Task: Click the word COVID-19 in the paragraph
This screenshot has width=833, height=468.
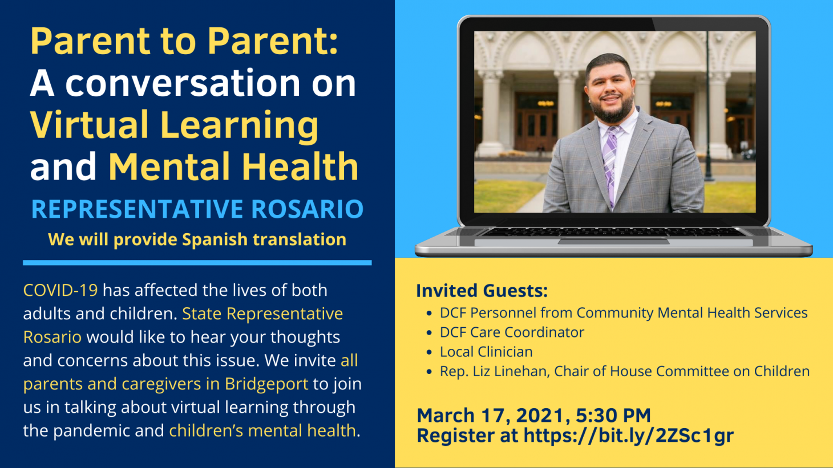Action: (x=60, y=290)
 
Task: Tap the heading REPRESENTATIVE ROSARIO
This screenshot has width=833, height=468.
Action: (x=197, y=209)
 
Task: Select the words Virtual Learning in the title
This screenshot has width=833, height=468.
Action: (x=174, y=125)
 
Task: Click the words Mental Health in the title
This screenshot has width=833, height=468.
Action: (x=233, y=166)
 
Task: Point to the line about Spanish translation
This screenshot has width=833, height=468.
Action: (x=197, y=239)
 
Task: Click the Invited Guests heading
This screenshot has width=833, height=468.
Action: (x=482, y=291)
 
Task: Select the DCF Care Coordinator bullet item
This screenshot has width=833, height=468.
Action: (x=512, y=332)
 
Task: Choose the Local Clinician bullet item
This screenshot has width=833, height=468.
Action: (x=486, y=352)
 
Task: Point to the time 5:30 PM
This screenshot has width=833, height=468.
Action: (x=613, y=415)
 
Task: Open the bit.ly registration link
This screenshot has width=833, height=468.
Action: (x=628, y=436)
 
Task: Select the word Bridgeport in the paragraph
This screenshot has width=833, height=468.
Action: (x=266, y=384)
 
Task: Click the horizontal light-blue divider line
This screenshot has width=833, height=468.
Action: (x=197, y=263)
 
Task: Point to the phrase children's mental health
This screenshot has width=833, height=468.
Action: (x=262, y=430)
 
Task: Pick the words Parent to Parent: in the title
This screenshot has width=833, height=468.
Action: (x=184, y=41)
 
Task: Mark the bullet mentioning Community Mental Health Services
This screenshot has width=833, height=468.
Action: (x=623, y=313)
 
